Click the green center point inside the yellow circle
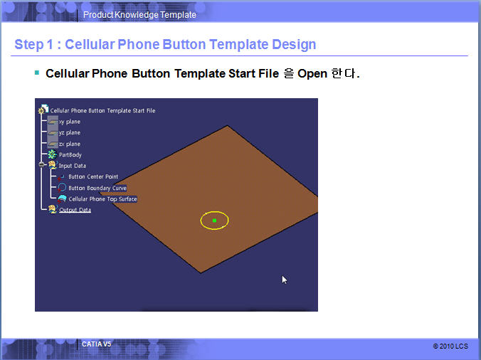coord(214,220)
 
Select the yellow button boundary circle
coord(214,211)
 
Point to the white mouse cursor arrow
coord(285,280)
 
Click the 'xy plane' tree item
coord(70,122)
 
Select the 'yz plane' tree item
coord(70,133)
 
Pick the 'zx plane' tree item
coord(70,144)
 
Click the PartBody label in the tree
coord(70,155)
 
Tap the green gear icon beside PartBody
coord(52,154)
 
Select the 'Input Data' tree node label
coord(73,166)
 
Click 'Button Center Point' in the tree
coord(93,176)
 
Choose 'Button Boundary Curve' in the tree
coord(97,188)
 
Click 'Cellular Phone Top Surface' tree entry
coord(102,199)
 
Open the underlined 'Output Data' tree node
coord(75,210)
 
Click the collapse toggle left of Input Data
coord(42,164)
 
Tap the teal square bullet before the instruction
coord(37,73)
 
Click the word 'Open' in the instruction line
coord(312,74)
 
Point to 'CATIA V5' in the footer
coord(96,344)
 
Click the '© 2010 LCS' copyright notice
coord(450,346)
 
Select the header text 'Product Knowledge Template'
coord(139,15)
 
